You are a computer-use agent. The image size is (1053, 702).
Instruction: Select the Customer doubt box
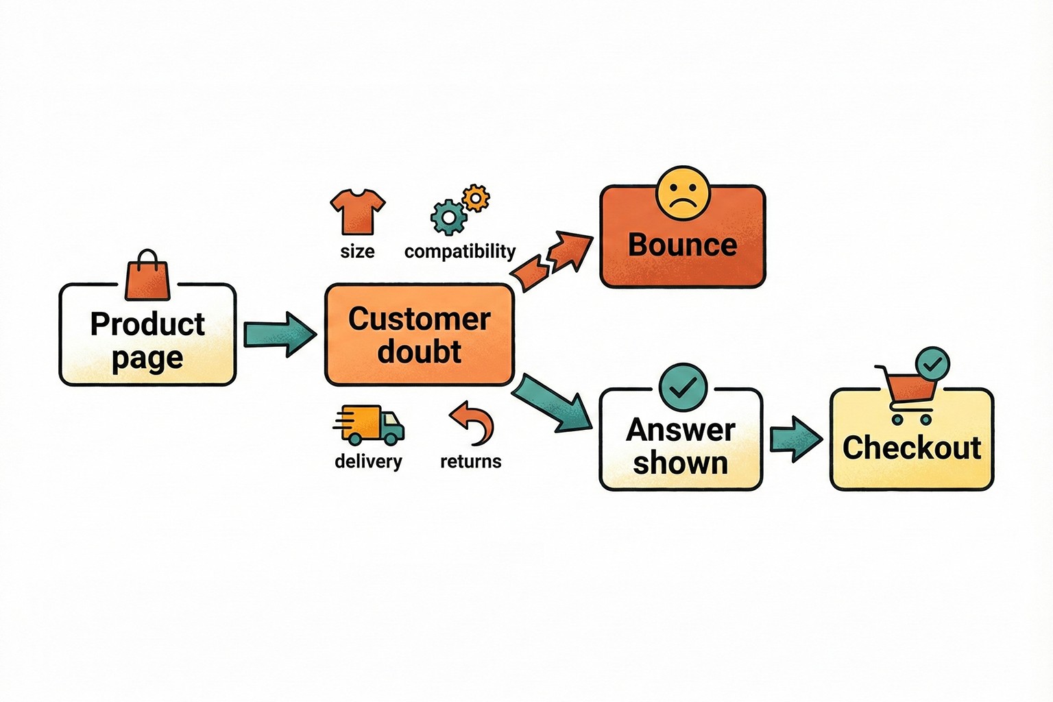419,335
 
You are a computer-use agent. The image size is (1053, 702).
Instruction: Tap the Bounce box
682,245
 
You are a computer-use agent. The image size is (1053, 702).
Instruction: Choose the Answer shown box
681,446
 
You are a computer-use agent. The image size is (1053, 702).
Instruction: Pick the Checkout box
911,448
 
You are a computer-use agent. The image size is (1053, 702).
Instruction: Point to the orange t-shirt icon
358,211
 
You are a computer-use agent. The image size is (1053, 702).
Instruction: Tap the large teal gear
449,217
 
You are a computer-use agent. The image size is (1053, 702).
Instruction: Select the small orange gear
476,198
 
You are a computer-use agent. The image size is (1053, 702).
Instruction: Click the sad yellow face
682,193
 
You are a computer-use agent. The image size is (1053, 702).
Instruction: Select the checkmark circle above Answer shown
682,388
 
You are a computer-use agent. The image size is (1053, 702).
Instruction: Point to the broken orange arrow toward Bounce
553,261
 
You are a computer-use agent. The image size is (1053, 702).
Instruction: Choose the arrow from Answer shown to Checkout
795,439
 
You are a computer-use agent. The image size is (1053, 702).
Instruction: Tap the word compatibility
459,252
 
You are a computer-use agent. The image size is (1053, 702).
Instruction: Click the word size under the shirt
357,252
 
